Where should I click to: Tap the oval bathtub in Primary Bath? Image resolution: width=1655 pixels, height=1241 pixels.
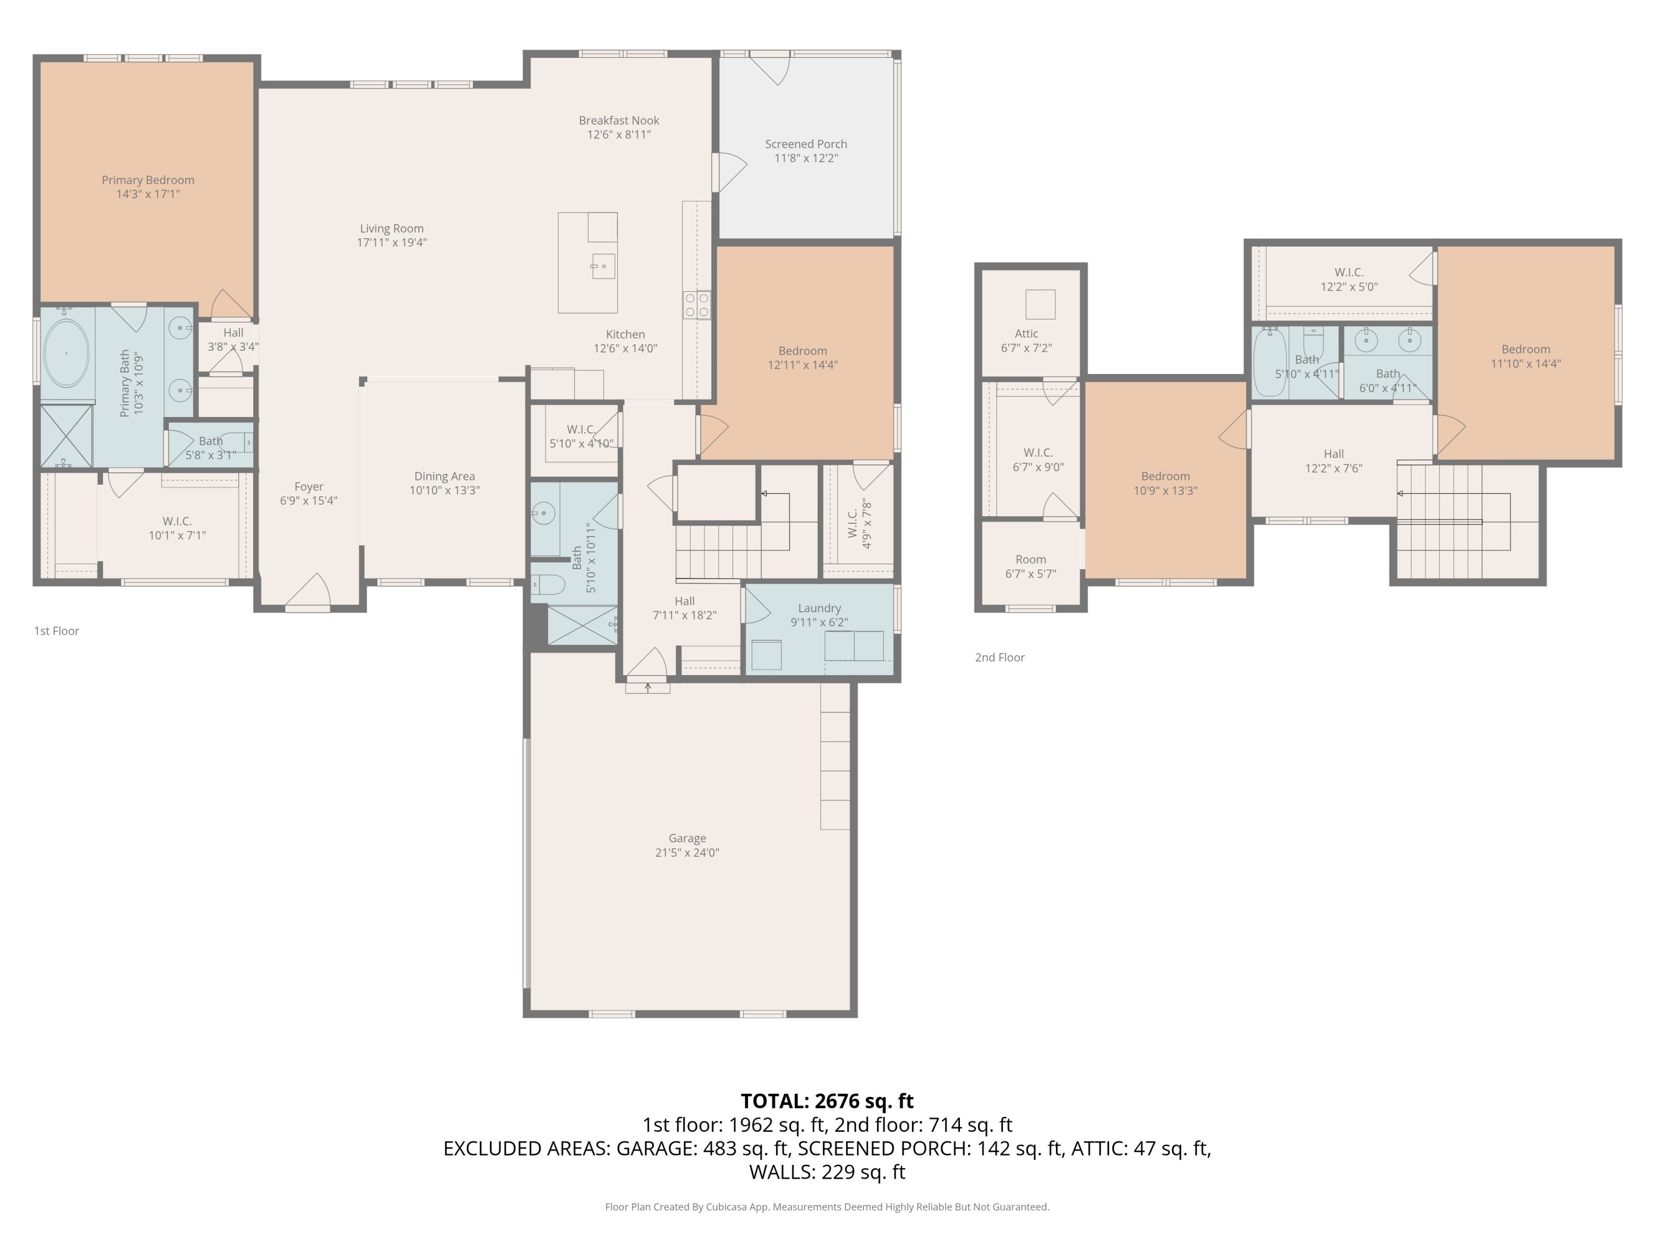click(66, 353)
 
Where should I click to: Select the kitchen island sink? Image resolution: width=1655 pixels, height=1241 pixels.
click(603, 265)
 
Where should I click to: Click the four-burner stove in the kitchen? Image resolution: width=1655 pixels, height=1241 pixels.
click(697, 304)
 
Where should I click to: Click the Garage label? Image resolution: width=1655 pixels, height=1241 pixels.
click(687, 838)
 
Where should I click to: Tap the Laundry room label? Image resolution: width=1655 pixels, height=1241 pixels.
click(819, 608)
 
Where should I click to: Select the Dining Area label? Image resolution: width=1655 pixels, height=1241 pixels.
click(445, 477)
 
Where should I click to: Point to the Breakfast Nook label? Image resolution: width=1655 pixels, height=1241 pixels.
click(619, 120)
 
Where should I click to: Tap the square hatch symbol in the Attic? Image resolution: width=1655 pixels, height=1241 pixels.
click(1040, 304)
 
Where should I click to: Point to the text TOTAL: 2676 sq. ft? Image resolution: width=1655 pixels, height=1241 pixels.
click(827, 1101)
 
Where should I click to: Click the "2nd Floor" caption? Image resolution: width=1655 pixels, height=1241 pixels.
click(1000, 657)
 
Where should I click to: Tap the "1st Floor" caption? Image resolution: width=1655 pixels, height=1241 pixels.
click(56, 630)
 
